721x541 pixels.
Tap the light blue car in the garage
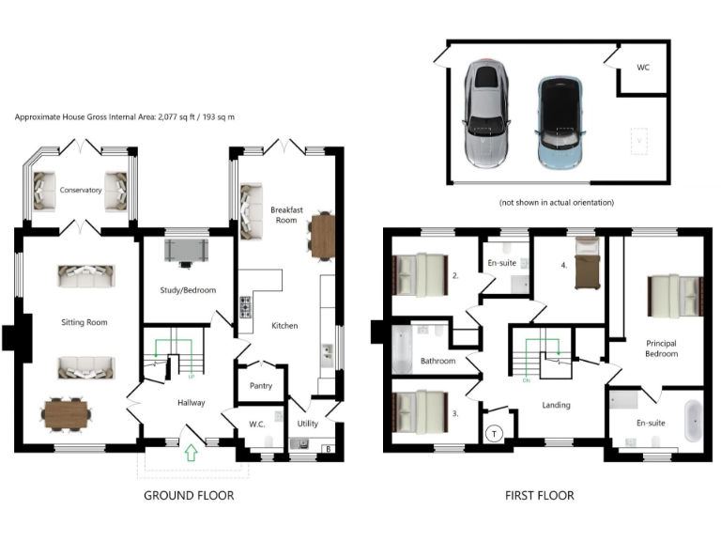560,120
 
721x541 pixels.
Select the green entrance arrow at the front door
191,454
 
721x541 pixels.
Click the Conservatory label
80,190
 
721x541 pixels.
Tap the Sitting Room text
84,322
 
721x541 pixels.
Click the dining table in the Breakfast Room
322,235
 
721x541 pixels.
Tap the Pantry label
261,385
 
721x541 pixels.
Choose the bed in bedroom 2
420,274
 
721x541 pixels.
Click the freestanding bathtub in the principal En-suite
692,421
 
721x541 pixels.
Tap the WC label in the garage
643,68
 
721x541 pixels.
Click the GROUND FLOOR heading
189,495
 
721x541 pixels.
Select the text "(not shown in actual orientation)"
558,202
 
